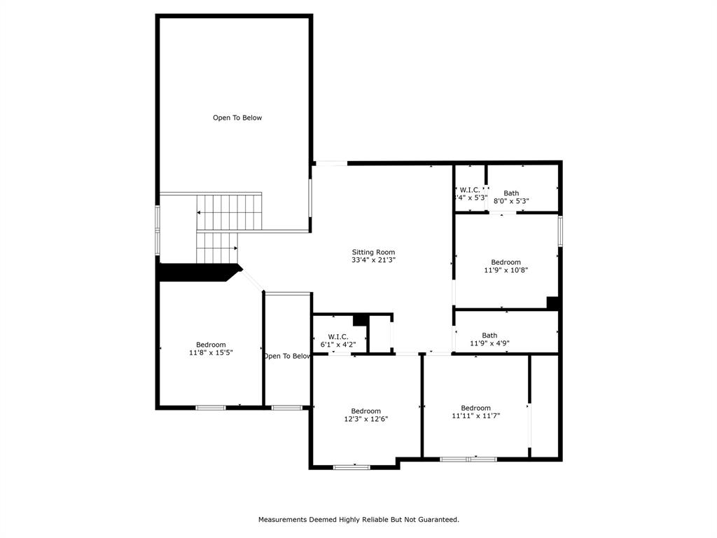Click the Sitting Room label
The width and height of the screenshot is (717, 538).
coord(373,252)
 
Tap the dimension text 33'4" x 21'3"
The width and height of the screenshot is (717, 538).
coord(373,260)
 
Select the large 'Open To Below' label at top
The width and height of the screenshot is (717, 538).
coord(237,118)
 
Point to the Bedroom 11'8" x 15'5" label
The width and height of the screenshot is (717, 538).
coord(211,345)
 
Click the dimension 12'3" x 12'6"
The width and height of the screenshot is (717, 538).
coord(366,419)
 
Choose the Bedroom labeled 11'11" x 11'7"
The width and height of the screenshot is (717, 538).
coord(475,408)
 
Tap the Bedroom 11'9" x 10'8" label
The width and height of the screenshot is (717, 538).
coord(506,262)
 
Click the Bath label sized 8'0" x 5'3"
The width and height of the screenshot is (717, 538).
coord(511,193)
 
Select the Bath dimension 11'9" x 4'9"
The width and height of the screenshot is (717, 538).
coord(489,343)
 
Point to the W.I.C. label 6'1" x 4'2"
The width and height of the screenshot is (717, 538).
coord(338,337)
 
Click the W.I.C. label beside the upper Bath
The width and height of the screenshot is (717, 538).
coord(469,190)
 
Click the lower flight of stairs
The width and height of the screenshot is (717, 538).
coord(216,248)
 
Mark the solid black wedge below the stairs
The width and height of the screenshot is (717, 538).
coord(200,272)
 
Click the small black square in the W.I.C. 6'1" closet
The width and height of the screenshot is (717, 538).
coord(361,320)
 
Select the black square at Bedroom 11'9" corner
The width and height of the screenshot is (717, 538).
coord(552,303)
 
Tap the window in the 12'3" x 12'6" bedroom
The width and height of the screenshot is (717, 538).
coord(351,467)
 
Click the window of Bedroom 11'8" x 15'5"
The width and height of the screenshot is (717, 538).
coord(210,407)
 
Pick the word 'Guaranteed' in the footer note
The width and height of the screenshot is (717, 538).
coord(438,520)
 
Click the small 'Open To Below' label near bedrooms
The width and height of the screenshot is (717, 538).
coord(287,356)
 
